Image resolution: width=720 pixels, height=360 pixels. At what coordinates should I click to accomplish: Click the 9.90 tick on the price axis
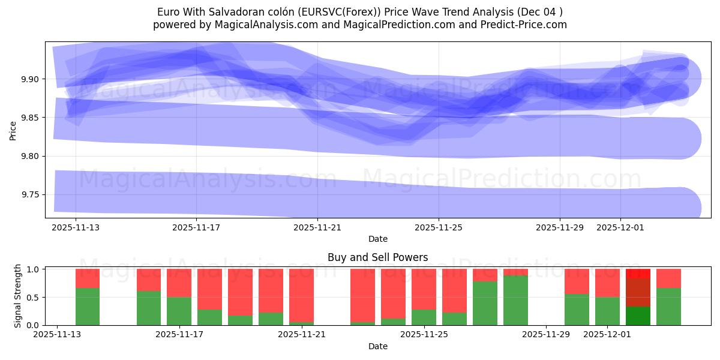click(30, 79)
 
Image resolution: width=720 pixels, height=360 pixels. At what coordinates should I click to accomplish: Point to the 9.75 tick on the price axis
click(30, 195)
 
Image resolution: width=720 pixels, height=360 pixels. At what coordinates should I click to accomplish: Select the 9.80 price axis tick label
click(30, 157)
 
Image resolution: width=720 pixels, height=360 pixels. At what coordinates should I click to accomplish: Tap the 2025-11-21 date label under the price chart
click(317, 228)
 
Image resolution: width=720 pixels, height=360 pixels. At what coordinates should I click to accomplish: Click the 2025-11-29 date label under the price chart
click(559, 228)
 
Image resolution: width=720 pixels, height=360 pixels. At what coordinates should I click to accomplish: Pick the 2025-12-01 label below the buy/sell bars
click(607, 335)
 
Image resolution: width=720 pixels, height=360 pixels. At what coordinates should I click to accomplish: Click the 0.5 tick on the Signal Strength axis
click(34, 298)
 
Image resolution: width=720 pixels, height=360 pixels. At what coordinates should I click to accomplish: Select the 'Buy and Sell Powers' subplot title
click(377, 257)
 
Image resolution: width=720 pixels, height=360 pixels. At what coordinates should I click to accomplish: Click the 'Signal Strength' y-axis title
click(18, 296)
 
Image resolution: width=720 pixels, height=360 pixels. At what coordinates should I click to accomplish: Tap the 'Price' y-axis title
click(13, 130)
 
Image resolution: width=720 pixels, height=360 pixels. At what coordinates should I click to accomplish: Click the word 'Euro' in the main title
click(167, 12)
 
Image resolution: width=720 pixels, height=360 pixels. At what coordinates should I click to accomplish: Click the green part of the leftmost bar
click(88, 307)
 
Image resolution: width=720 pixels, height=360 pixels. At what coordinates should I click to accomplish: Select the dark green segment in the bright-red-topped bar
click(638, 316)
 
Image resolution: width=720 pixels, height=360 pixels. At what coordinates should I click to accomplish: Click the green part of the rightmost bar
click(668, 307)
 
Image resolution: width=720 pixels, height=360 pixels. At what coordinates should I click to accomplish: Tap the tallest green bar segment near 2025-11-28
click(515, 301)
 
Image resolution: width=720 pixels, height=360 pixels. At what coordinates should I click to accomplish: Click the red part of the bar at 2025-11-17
click(179, 283)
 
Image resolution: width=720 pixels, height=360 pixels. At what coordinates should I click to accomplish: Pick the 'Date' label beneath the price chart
click(377, 239)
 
